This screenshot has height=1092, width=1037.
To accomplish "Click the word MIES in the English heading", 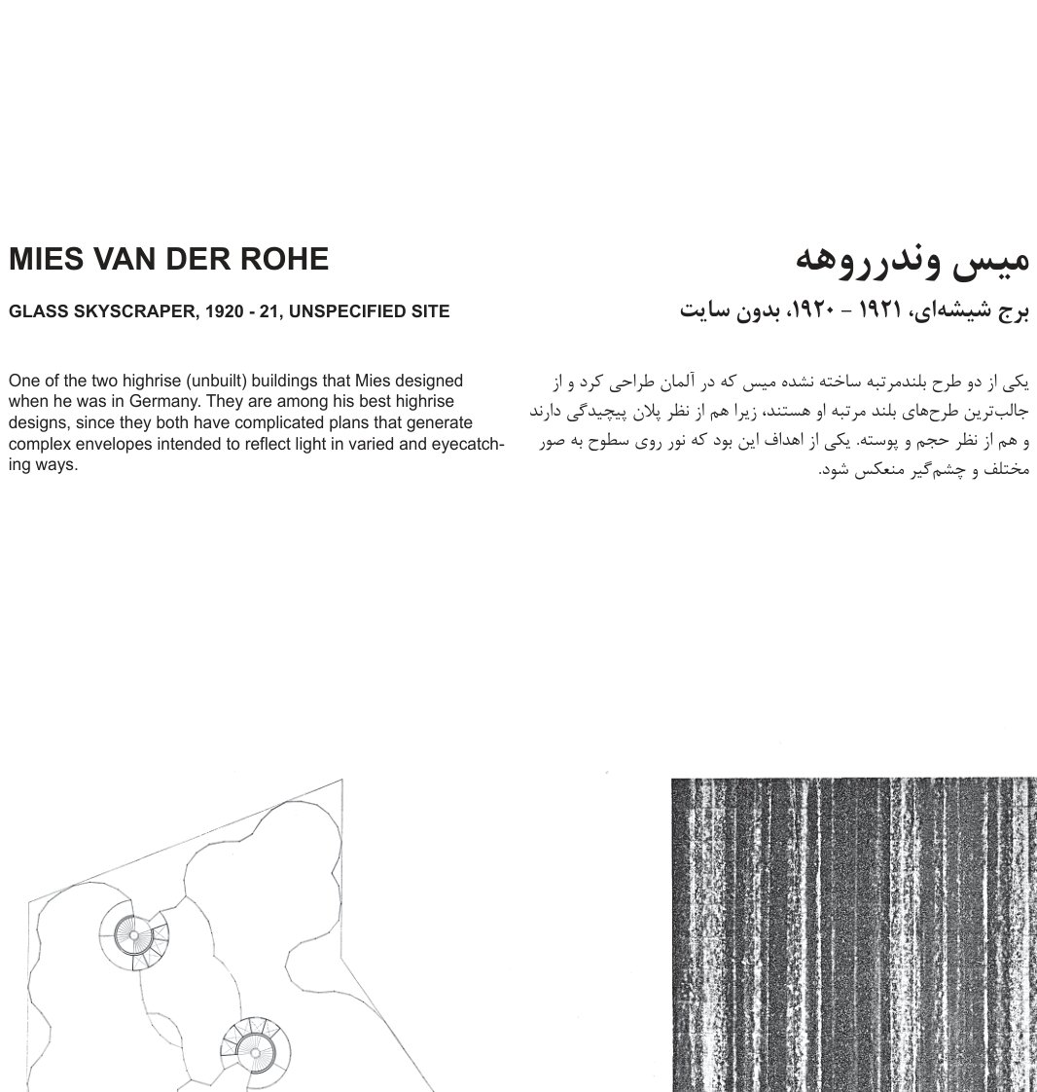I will point(45,260).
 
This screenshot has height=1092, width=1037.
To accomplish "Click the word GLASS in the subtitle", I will point(34,312).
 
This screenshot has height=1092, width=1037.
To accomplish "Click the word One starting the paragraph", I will point(23,381).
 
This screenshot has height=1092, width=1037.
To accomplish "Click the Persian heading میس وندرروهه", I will point(912,260).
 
